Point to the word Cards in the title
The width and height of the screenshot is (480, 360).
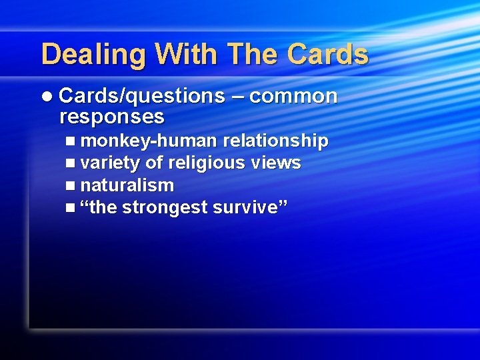coord(328,55)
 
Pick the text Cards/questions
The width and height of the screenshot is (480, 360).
coord(142,97)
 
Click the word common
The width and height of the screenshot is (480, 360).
coord(294,97)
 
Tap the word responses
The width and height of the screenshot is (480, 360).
coord(111,117)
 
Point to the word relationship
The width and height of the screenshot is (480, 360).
coord(275,141)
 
